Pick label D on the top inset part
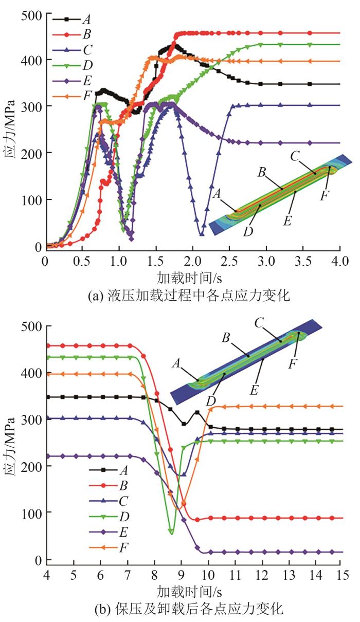pyautogui.click(x=249, y=231)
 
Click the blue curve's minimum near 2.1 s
pyautogui.click(x=202, y=234)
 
